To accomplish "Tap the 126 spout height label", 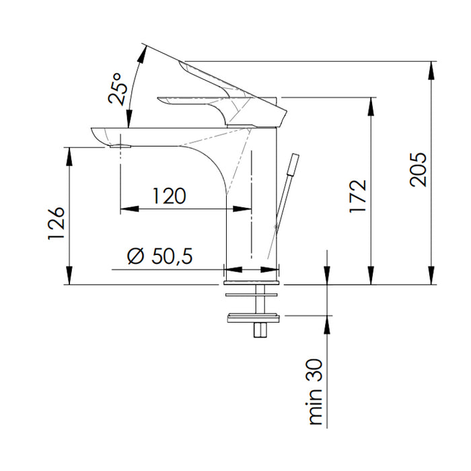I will click(57, 223).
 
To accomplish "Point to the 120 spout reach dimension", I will click(168, 196).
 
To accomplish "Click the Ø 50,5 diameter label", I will click(159, 256).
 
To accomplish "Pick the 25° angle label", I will click(118, 89).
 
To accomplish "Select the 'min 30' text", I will click(316, 400).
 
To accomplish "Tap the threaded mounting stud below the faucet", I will click(258, 330).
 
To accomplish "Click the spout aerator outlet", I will click(121, 145).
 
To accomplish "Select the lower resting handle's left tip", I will click(160, 101).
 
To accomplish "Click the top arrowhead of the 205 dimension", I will click(431, 66).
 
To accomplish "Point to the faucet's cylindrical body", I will click(252, 202).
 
